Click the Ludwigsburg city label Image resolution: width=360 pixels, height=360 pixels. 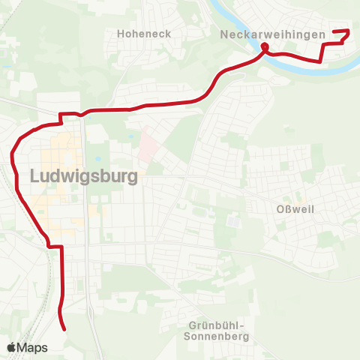click(84, 176)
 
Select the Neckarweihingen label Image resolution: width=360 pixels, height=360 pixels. click(272, 34)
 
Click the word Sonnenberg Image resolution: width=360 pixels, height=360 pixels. click(216, 337)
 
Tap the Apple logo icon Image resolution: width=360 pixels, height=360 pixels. click(11, 347)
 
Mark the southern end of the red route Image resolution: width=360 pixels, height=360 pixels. click(65, 328)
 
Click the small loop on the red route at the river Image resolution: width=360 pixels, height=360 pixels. click(265, 50)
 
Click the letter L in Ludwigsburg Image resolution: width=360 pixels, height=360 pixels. click(35, 176)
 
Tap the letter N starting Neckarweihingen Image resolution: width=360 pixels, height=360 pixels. click(225, 34)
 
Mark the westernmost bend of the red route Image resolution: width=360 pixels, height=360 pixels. click(13, 156)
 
